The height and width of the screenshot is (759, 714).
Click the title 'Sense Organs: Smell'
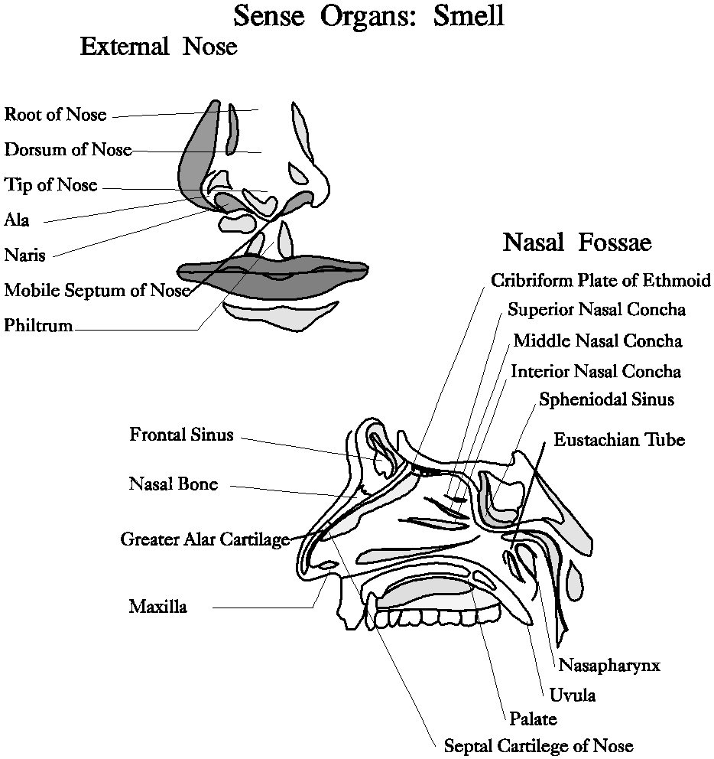pos(368,15)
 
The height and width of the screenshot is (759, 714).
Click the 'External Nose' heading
pos(158,47)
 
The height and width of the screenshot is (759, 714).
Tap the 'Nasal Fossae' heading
pos(576,243)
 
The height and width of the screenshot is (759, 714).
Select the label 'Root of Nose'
pos(55,116)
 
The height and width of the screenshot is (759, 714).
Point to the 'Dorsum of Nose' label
pos(68,149)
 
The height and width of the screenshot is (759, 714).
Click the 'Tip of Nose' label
pos(51,184)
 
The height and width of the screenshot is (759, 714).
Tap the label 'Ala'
pos(17,220)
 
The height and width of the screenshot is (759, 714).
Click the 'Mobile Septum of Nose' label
pos(96,291)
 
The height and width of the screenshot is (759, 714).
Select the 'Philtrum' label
pos(38,326)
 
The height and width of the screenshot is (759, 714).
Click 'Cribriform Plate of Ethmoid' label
pos(601,280)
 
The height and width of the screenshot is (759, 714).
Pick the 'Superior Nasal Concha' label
pos(596,310)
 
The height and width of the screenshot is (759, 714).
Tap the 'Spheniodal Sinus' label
pos(606,399)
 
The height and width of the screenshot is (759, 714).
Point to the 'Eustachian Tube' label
pos(619,440)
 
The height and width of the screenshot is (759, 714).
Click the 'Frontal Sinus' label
pos(181,435)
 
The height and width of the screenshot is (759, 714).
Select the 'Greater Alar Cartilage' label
pos(205,539)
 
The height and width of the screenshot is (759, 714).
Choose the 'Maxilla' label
pos(157,608)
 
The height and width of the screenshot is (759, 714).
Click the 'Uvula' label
pos(572,695)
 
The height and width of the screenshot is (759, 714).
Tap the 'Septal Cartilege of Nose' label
pos(538,745)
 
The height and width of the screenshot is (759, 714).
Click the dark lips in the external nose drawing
pos(272,283)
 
